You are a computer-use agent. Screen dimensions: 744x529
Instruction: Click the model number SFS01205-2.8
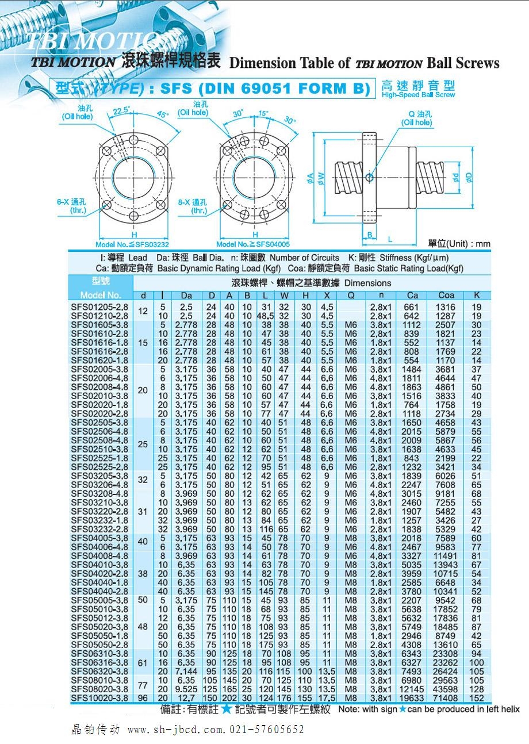(x=99, y=308)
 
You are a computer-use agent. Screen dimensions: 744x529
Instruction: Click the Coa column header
(x=446, y=296)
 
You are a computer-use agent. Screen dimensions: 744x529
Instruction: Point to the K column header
(x=477, y=296)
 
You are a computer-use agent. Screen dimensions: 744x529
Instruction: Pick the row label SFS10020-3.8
(x=99, y=698)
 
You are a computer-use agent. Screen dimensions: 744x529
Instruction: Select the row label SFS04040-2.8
(x=99, y=592)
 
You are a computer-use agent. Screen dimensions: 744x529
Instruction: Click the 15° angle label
(x=263, y=113)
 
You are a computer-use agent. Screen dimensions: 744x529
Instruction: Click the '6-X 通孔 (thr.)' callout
(x=71, y=206)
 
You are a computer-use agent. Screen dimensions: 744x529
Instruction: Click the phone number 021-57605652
(x=267, y=730)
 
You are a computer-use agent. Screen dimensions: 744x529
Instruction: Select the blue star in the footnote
(x=227, y=710)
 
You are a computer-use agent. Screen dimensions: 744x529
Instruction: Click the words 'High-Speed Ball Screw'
(x=418, y=95)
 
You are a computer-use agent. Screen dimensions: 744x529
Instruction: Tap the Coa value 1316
(x=446, y=308)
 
